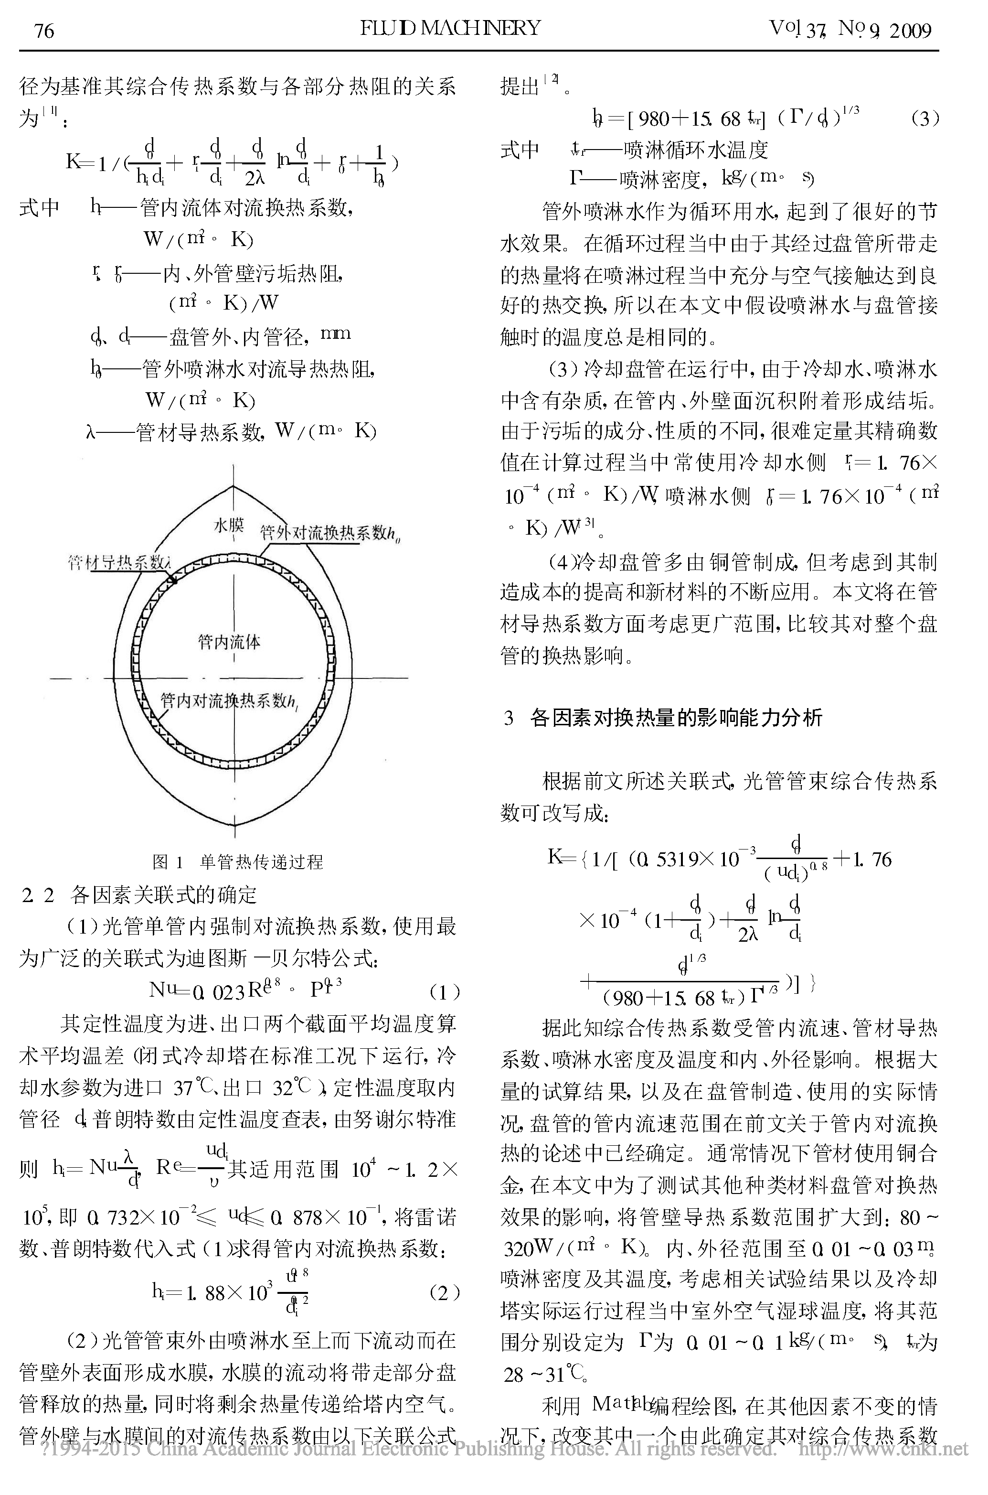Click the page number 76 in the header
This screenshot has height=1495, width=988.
pos(44,30)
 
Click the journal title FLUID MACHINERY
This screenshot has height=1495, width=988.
pos(450,28)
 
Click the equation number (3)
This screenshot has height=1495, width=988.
pos(924,118)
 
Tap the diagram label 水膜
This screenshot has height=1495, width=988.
pos(229,525)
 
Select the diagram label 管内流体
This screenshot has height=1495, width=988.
pos(229,642)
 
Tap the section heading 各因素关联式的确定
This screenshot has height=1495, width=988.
pos(164,894)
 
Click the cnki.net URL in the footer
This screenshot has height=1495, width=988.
pos(883,1449)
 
